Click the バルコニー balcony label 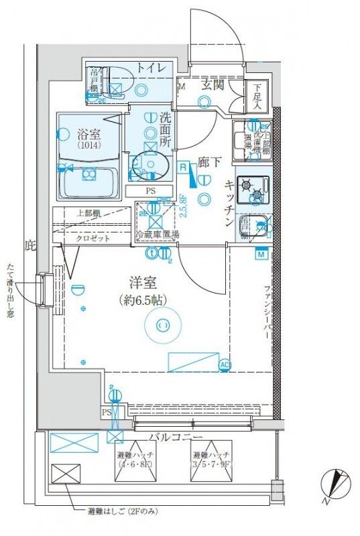click(176, 437)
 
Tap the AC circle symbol click(225, 364)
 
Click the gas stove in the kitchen click(252, 190)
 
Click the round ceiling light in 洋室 click(163, 325)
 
